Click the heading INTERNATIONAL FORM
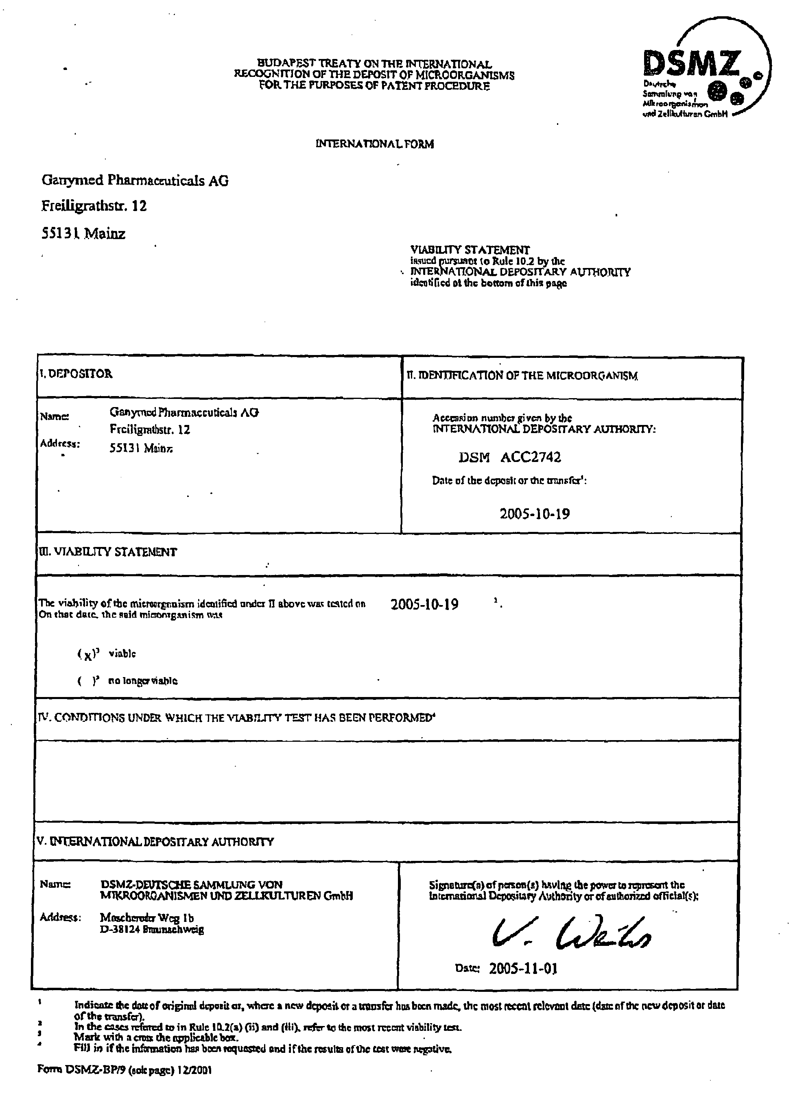(374, 144)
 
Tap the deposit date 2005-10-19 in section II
(534, 514)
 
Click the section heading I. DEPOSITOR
(76, 374)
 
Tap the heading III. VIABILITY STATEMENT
(108, 552)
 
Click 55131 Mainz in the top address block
(83, 234)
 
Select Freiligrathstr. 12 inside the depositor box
(149, 430)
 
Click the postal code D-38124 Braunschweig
(152, 930)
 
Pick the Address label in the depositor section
(60, 443)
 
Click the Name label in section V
(55, 884)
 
